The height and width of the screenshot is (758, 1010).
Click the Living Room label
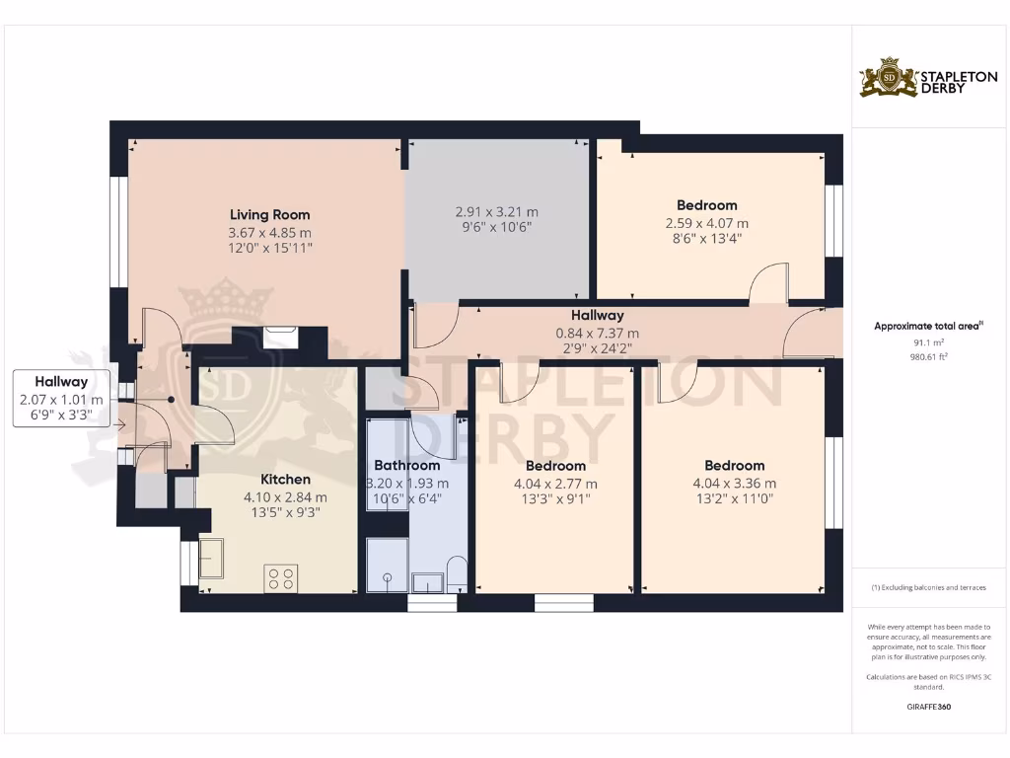[x=269, y=214]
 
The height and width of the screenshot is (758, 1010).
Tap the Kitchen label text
[x=284, y=480]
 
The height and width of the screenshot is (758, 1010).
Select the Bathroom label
[x=406, y=466]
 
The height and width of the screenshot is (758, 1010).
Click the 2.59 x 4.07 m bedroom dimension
[x=706, y=223]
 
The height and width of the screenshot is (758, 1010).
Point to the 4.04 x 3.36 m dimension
[x=734, y=484]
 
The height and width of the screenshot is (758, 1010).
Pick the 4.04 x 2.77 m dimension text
[x=555, y=484]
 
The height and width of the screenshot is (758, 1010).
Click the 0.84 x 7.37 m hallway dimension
[x=597, y=334]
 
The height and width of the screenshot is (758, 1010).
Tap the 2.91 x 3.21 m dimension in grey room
[x=496, y=212]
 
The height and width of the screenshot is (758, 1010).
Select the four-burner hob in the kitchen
[x=281, y=577]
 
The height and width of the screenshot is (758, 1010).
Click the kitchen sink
[x=211, y=559]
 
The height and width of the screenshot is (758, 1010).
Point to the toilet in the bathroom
[x=457, y=574]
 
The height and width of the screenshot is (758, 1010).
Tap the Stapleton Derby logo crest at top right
[x=889, y=77]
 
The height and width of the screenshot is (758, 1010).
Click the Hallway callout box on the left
[x=61, y=399]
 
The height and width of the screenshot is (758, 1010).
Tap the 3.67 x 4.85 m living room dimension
[x=269, y=232]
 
